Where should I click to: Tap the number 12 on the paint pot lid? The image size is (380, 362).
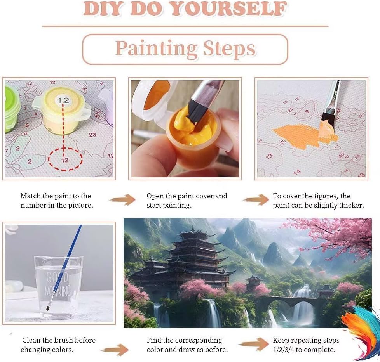63,100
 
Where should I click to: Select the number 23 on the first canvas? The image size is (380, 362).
92,135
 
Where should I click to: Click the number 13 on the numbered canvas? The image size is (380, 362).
269,156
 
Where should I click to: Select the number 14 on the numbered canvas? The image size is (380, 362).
297,172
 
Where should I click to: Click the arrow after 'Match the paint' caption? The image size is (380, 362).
122,200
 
